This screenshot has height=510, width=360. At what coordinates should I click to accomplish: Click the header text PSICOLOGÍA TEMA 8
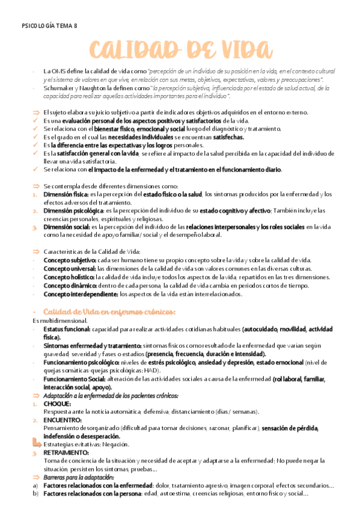(49, 25)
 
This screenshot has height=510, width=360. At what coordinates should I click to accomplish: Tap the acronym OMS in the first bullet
(59, 71)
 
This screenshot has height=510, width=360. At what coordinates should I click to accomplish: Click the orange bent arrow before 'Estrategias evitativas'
(35, 443)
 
